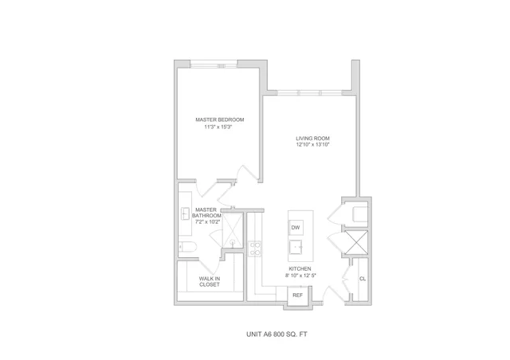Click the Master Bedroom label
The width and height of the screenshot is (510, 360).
point(220,119)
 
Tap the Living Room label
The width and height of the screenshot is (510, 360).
point(312,139)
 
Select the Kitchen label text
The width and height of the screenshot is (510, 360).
point(300,269)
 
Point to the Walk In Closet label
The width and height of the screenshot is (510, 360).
point(210,282)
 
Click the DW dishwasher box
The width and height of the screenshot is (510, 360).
point(296,228)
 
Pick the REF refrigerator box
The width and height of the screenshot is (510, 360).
point(297,295)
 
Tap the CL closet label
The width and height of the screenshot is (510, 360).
point(363,279)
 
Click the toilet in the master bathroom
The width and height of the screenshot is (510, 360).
point(187,247)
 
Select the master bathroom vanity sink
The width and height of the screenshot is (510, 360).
point(186,213)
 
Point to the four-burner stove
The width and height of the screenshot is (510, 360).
point(255,248)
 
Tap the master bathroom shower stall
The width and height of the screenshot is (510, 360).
point(233,230)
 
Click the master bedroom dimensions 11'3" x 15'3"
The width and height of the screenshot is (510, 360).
point(220,127)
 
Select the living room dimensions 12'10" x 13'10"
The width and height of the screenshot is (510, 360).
point(312,145)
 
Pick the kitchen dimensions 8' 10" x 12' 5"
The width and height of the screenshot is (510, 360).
point(300,276)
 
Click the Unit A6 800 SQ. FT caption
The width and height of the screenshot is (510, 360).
point(277,335)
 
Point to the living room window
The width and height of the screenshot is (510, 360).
point(310,93)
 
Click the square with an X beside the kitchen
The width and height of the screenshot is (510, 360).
point(356,242)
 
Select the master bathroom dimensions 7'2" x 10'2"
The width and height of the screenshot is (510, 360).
point(207,222)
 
